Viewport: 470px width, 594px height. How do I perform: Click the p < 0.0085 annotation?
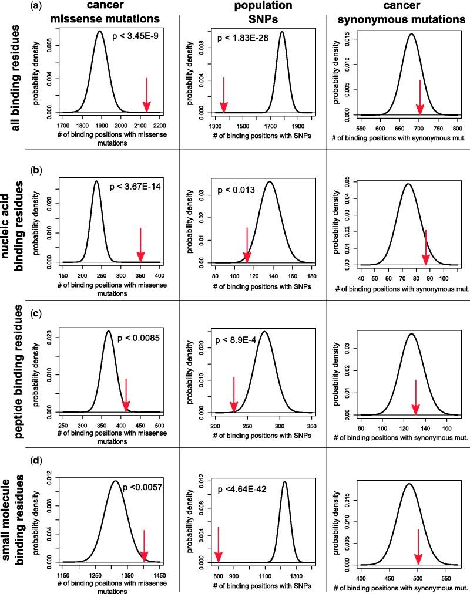tap(140, 338)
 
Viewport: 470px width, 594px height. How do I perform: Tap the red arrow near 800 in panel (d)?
tap(218, 545)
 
